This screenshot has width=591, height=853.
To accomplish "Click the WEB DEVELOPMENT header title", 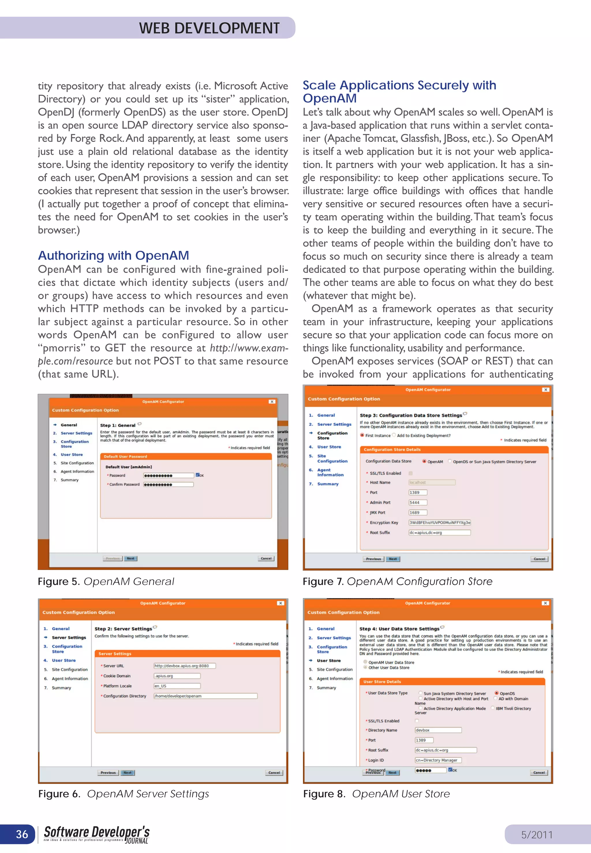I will point(209,28).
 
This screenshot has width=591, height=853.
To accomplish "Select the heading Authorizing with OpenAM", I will point(113,255).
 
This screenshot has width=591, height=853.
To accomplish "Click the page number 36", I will point(22,834).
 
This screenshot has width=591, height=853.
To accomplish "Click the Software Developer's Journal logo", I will point(97,835).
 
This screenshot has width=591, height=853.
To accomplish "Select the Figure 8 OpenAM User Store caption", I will point(376,794).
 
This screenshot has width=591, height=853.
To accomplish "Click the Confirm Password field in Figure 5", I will point(169,485).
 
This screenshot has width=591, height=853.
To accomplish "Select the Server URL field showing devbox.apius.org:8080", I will point(184,666).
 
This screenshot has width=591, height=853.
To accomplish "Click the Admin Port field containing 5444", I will point(418,502).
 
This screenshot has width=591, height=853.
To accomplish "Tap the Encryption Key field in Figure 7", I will point(439,522).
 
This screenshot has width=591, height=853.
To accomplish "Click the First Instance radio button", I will point(362,435).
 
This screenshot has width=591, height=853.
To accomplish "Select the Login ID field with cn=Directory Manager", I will point(438,760).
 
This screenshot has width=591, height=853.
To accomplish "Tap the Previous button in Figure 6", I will point(108,773).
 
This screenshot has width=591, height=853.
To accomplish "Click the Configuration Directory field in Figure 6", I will point(205,696).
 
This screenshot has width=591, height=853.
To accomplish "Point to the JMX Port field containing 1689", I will point(418,512).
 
